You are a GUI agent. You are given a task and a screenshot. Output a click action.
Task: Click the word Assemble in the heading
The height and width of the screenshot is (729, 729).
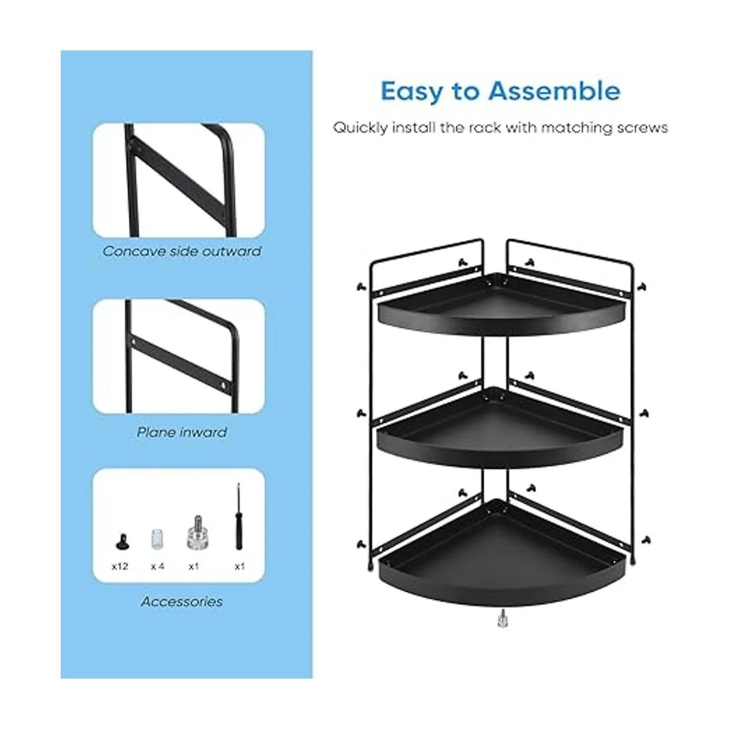pos(554,91)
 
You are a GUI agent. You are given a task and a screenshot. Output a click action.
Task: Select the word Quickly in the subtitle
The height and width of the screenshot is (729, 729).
pos(360,128)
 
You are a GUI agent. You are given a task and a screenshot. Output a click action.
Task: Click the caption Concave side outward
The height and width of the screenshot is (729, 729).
pos(182,251)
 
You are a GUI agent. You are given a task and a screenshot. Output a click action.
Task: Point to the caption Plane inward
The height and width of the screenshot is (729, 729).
pos(182,433)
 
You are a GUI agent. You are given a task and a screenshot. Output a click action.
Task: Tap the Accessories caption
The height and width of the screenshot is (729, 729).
pos(182,601)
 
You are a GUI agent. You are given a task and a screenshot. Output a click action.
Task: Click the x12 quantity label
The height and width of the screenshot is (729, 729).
pos(120,566)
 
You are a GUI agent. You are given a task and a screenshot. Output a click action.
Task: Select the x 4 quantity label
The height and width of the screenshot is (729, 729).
pos(157,566)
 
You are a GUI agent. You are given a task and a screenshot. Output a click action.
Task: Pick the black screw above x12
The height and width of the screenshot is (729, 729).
pos(121,541)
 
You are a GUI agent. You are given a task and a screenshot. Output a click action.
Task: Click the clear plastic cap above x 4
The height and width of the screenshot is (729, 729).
pos(157,539)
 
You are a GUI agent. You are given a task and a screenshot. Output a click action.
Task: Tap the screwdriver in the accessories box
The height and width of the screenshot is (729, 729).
pos(238,516)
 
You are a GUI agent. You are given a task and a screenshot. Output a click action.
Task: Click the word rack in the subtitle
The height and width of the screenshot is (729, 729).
pos(485,128)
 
